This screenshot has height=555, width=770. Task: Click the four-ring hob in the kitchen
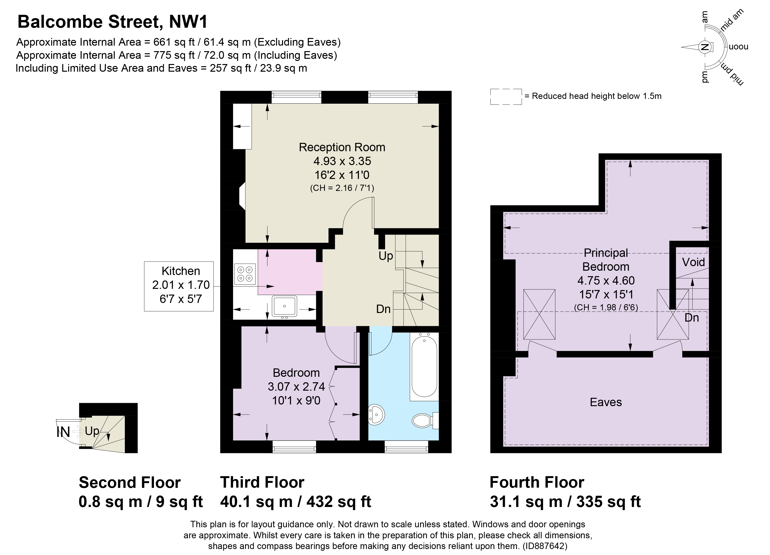tap(245, 274)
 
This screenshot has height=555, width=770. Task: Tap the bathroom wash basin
tap(376, 414)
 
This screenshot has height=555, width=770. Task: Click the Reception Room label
tap(342, 147)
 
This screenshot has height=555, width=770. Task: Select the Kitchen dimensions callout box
tap(179, 286)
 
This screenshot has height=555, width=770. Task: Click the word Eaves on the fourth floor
tap(606, 402)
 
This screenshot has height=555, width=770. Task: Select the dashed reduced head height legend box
tap(506, 97)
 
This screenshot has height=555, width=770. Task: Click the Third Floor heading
tap(262, 482)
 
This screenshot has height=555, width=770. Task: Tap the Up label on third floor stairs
tap(386, 256)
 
